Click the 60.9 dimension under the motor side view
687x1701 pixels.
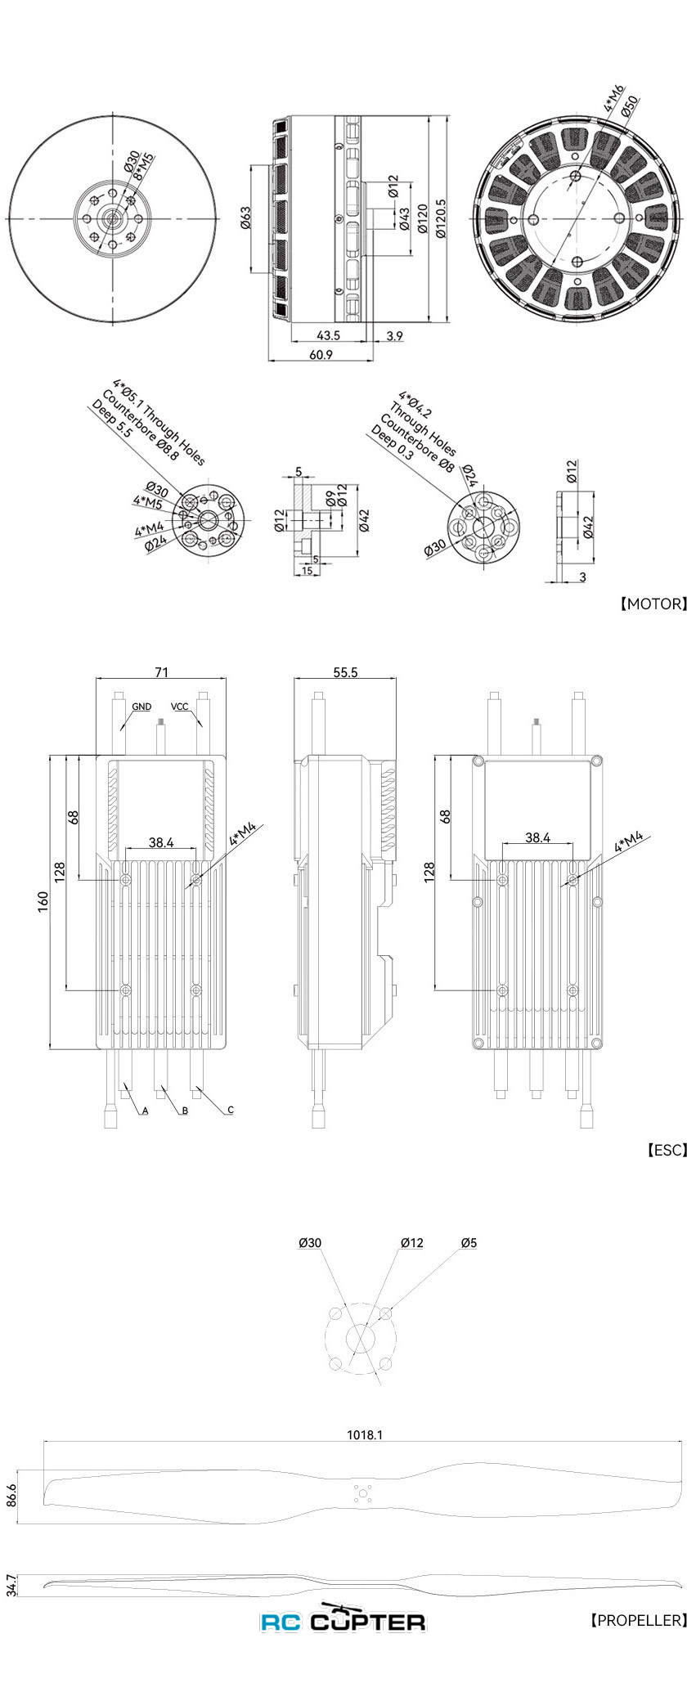click(321, 354)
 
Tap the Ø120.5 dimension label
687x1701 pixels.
click(442, 218)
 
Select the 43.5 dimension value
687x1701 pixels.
click(328, 335)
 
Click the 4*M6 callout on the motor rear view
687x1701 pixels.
click(613, 97)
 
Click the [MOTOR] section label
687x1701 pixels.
click(652, 604)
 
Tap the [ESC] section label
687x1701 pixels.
click(666, 1149)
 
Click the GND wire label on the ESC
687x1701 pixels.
click(141, 706)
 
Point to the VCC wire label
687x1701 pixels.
click(179, 706)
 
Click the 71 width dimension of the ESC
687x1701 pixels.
click(161, 671)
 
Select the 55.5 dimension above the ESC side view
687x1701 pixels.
click(345, 671)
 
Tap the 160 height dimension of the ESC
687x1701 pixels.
click(43, 900)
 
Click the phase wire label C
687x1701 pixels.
click(231, 1110)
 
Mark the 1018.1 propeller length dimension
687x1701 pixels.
click(365, 1434)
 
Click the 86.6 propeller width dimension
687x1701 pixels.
click(11, 1496)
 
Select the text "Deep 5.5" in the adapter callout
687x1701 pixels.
click(112, 420)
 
